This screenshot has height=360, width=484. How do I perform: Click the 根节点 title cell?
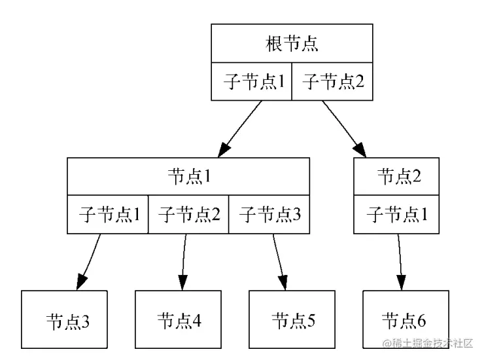click(x=292, y=44)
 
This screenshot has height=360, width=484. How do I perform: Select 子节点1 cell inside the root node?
click(x=251, y=82)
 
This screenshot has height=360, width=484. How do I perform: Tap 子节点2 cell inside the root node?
click(x=332, y=82)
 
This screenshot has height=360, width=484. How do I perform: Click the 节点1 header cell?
click(x=188, y=176)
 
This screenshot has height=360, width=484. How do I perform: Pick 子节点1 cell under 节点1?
click(x=108, y=214)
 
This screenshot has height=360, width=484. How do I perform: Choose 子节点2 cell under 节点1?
click(x=188, y=214)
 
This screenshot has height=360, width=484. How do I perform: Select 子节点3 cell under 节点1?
click(x=269, y=214)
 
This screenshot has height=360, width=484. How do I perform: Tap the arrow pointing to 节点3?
click(x=90, y=262)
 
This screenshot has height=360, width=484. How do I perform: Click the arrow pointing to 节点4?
click(x=183, y=262)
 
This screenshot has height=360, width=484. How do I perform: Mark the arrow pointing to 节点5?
click(x=280, y=262)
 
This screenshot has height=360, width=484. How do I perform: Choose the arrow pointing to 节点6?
click(x=401, y=262)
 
